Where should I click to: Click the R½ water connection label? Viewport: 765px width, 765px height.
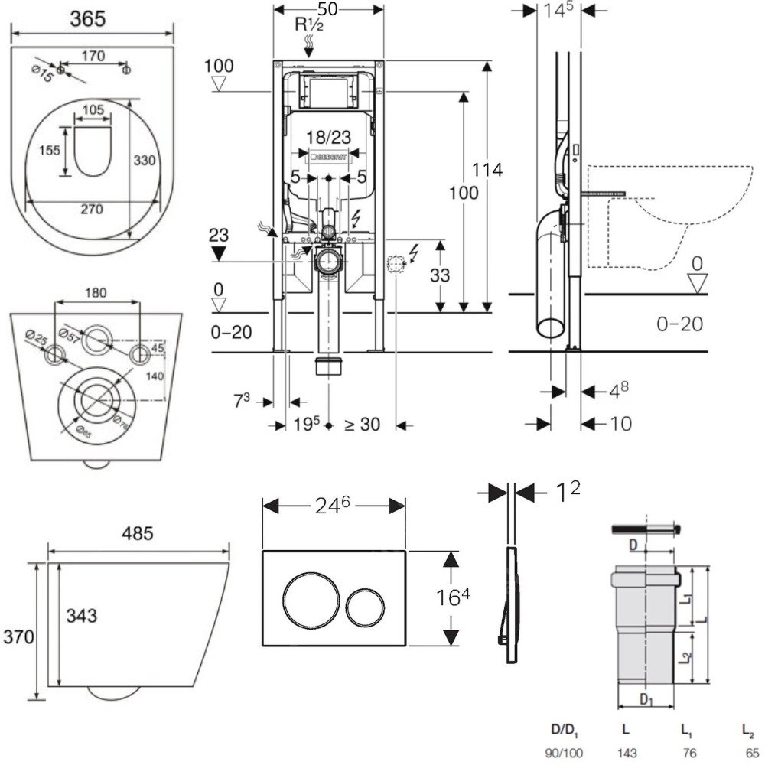point(311,24)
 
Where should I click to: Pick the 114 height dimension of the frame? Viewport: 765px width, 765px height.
point(487,171)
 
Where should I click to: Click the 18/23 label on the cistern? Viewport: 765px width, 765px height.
point(328,136)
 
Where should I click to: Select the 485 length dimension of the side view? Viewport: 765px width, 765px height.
point(140,531)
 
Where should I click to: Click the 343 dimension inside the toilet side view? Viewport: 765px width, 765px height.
point(83,615)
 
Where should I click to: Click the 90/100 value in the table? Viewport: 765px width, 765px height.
point(563,753)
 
